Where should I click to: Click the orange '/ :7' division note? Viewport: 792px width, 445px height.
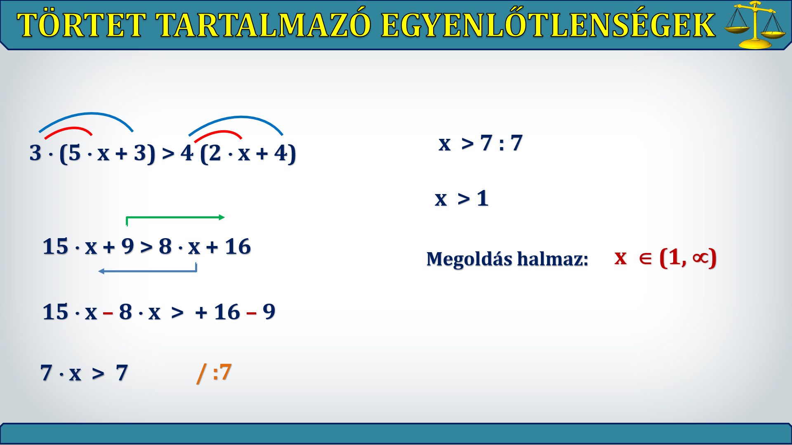click(x=214, y=372)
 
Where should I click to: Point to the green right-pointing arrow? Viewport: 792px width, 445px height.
click(x=175, y=217)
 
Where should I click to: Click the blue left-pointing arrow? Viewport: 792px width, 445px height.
click(x=148, y=270)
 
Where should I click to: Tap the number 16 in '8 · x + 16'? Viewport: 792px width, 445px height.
click(x=238, y=246)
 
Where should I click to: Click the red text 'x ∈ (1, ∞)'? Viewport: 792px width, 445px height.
click(x=665, y=258)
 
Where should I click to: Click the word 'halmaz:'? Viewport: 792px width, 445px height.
click(x=553, y=259)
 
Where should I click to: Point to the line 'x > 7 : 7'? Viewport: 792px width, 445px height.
click(x=481, y=143)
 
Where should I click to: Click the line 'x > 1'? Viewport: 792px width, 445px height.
click(x=462, y=199)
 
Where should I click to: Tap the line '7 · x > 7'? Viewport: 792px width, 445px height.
click(x=84, y=373)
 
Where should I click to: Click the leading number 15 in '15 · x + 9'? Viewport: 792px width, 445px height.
click(x=55, y=246)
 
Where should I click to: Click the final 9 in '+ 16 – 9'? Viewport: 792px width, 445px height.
click(x=269, y=311)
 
